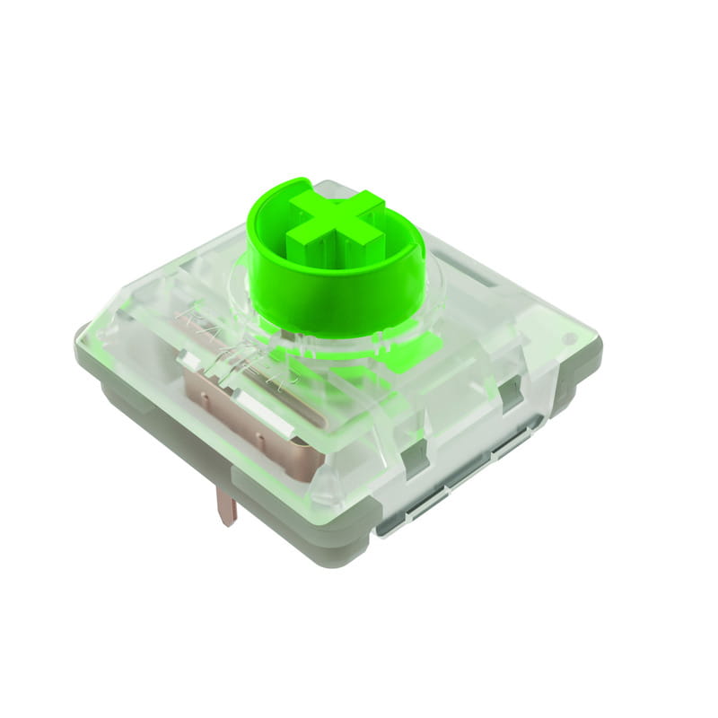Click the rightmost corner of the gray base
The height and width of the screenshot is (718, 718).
pos(600,346)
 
